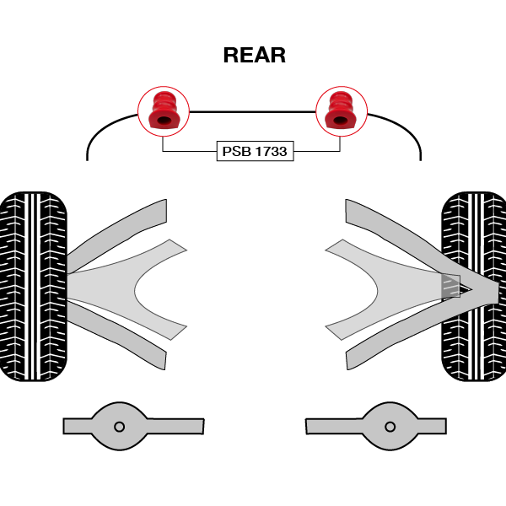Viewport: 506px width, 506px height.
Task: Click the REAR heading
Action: click(254, 56)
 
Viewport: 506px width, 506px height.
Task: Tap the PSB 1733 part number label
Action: click(255, 152)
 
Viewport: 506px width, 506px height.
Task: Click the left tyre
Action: click(33, 287)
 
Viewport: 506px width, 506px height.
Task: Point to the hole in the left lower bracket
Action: click(119, 426)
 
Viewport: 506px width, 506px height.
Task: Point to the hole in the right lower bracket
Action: click(390, 426)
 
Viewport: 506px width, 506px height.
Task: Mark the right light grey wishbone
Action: click(379, 283)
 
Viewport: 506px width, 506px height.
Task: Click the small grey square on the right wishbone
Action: click(450, 286)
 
